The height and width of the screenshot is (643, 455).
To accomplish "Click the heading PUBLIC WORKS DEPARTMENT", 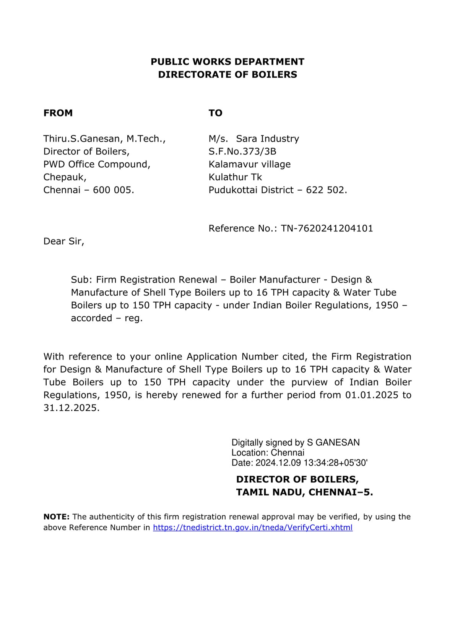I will click(227, 62).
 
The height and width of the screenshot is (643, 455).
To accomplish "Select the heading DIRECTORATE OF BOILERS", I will click(227, 74).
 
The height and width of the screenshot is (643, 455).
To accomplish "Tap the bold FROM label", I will click(58, 113).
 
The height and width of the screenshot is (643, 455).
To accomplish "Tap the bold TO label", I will click(215, 113).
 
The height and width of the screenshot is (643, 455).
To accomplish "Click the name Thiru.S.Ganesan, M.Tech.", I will click(104, 139).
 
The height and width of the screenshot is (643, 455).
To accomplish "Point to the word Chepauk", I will click(65, 177).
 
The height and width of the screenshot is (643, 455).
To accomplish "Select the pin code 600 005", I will click(113, 190).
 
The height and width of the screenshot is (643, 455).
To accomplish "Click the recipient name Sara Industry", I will click(268, 139).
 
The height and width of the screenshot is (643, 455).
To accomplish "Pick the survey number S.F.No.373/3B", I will click(242, 152).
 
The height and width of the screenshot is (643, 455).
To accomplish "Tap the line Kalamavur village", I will click(250, 164).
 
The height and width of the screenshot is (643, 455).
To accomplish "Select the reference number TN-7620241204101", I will click(327, 228).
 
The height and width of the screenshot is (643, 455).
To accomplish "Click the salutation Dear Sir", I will click(63, 241).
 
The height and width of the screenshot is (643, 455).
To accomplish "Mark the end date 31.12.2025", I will click(71, 408).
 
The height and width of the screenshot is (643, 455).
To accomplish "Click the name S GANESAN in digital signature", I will click(333, 442).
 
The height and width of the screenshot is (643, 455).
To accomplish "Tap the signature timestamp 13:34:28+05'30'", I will click(335, 463).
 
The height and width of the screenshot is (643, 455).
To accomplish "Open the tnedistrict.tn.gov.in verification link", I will click(253, 528).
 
